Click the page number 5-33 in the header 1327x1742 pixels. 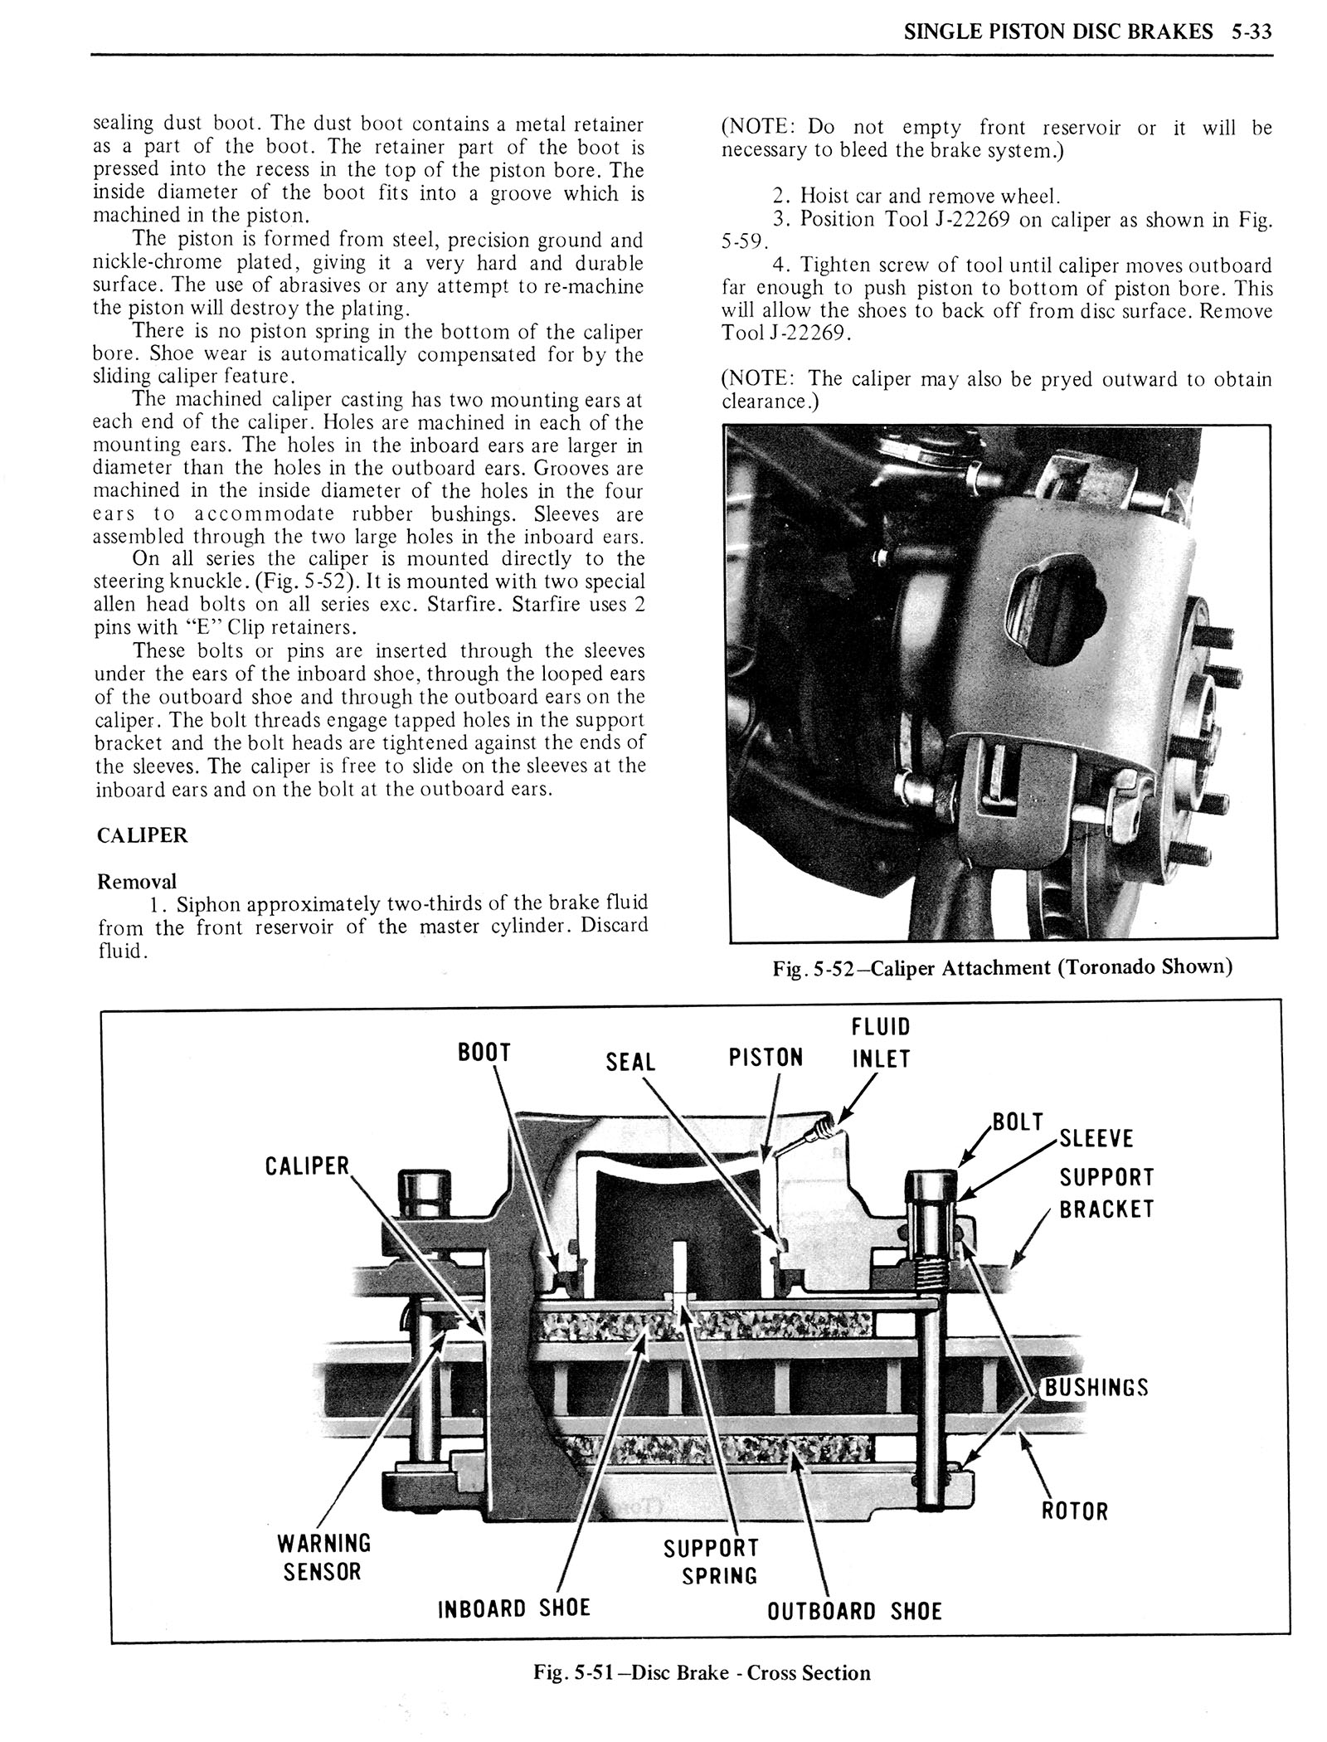(x=1252, y=32)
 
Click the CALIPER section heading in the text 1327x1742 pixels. (x=143, y=835)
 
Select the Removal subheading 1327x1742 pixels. (x=137, y=881)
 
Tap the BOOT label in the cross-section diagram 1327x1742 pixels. (x=484, y=1053)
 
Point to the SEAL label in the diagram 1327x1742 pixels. (x=630, y=1063)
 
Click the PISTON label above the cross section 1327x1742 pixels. (x=766, y=1058)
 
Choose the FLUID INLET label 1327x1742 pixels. (x=881, y=1043)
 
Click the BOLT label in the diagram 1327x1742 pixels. (x=1018, y=1122)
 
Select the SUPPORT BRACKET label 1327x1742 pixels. (x=1106, y=1193)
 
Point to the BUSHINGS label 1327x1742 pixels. (x=1096, y=1388)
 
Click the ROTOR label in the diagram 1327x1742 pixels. (x=1074, y=1511)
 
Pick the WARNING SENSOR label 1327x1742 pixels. (x=323, y=1557)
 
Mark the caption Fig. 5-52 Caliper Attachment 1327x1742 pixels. (x=1002, y=967)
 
